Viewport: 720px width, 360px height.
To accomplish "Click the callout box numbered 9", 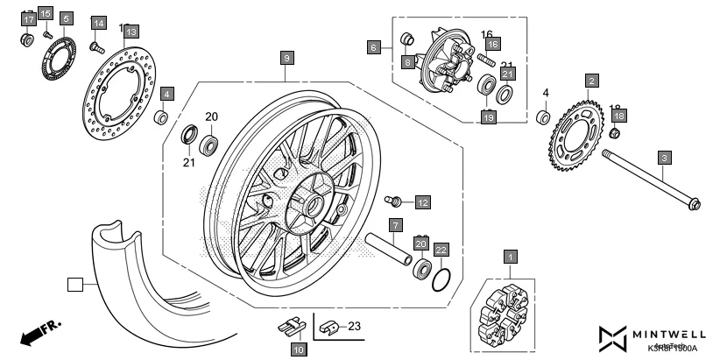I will pyautogui.click(x=286, y=58).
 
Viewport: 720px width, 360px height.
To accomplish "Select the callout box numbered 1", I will pyautogui.click(x=509, y=257).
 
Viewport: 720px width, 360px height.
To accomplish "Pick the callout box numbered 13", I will pyautogui.click(x=130, y=32).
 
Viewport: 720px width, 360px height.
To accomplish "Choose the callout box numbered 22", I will pyautogui.click(x=442, y=250).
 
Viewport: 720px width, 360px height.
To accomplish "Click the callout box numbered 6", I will pyautogui.click(x=374, y=47).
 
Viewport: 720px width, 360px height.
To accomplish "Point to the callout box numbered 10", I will pyautogui.click(x=298, y=349).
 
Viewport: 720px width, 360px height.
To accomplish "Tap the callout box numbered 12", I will pyautogui.click(x=422, y=202).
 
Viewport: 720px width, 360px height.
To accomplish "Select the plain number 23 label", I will pyautogui.click(x=355, y=327).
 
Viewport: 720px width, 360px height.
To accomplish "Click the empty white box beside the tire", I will pyautogui.click(x=75, y=284).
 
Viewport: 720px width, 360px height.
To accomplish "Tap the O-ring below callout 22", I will pyautogui.click(x=444, y=279).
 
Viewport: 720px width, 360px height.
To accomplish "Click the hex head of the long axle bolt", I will pyautogui.click(x=695, y=206).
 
